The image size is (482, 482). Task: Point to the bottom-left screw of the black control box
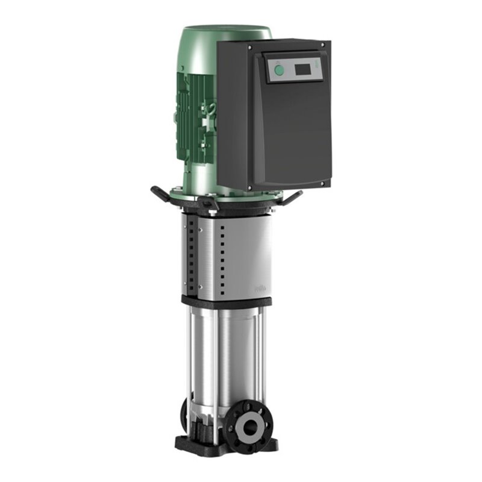[250, 188]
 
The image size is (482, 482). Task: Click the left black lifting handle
[161, 195]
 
